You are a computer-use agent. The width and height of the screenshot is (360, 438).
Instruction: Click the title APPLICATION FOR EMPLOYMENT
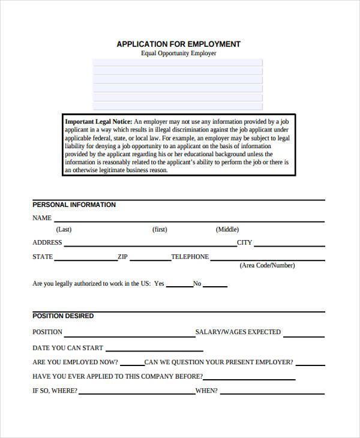[178, 44]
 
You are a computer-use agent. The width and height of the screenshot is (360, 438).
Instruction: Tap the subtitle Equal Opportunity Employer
[178, 53]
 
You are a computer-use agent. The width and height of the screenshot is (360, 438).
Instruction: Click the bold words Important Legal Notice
[98, 121]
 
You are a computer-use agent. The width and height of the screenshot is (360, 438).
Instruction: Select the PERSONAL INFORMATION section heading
[74, 205]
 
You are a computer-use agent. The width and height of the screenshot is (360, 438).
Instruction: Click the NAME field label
[42, 218]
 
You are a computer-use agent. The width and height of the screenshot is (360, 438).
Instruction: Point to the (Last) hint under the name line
[64, 229]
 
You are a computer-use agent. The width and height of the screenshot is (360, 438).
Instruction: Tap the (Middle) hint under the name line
[227, 229]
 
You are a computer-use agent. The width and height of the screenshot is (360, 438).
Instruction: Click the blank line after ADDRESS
[149, 244]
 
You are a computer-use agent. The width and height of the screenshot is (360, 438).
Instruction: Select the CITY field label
[245, 243]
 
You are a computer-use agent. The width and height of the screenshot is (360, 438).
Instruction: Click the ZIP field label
[122, 257]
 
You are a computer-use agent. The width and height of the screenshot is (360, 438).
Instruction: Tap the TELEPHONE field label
[190, 257]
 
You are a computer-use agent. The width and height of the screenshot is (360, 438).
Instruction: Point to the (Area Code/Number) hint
[267, 265]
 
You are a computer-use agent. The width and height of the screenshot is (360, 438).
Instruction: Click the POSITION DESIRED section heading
[63, 316]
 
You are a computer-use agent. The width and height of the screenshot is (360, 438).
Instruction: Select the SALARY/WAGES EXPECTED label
[238, 332]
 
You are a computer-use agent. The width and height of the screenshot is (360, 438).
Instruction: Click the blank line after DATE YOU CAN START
[155, 350]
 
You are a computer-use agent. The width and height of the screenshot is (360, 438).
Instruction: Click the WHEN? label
[206, 391]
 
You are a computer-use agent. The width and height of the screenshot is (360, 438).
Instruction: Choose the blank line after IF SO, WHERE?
[137, 393]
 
